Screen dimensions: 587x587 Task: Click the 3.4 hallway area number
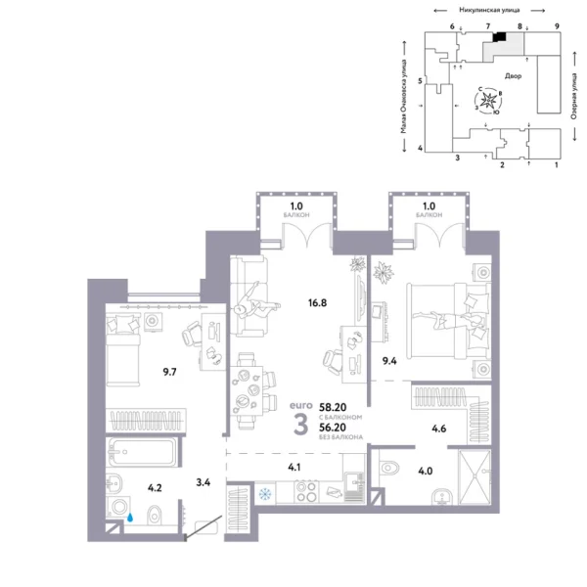click(x=203, y=480)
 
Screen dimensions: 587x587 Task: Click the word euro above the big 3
click(x=300, y=402)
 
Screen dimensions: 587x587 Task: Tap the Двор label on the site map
click(x=513, y=74)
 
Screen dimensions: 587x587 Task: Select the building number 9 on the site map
click(x=556, y=25)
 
